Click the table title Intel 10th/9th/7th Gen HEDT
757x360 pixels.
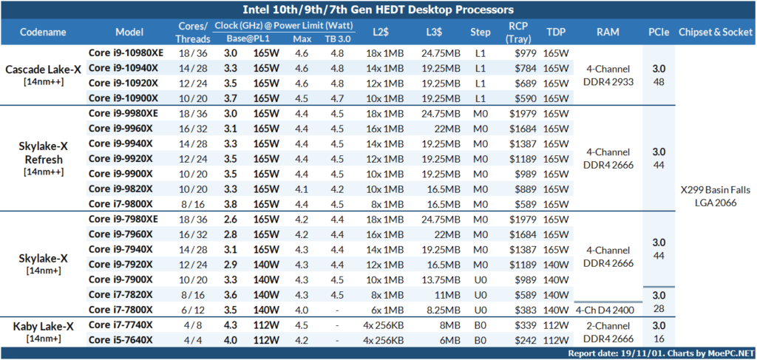pyautogui.click(x=378, y=10)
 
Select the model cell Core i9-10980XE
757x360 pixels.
pyautogui.click(x=123, y=53)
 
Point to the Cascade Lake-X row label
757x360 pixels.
pyautogui.click(x=43, y=69)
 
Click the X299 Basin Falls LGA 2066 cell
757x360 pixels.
pyautogui.click(x=708, y=196)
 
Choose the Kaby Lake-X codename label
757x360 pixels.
pyautogui.click(x=43, y=326)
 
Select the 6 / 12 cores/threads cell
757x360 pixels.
pyautogui.click(x=191, y=309)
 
